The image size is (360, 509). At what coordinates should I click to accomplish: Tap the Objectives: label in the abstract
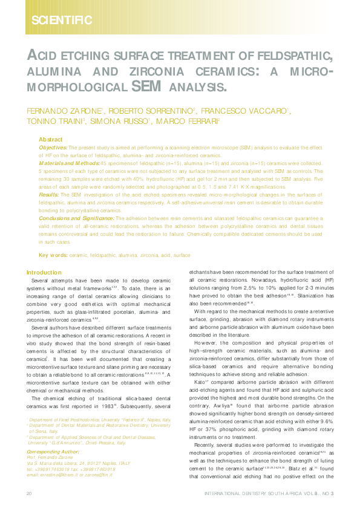pos(53,148)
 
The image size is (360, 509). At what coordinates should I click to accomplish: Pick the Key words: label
pos(53,256)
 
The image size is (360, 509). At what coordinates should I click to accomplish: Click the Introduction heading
pos(44,273)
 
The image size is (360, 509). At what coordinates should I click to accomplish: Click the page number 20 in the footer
pos(29,494)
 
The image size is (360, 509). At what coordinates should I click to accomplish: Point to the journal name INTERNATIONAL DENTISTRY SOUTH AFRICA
pos(260,494)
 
